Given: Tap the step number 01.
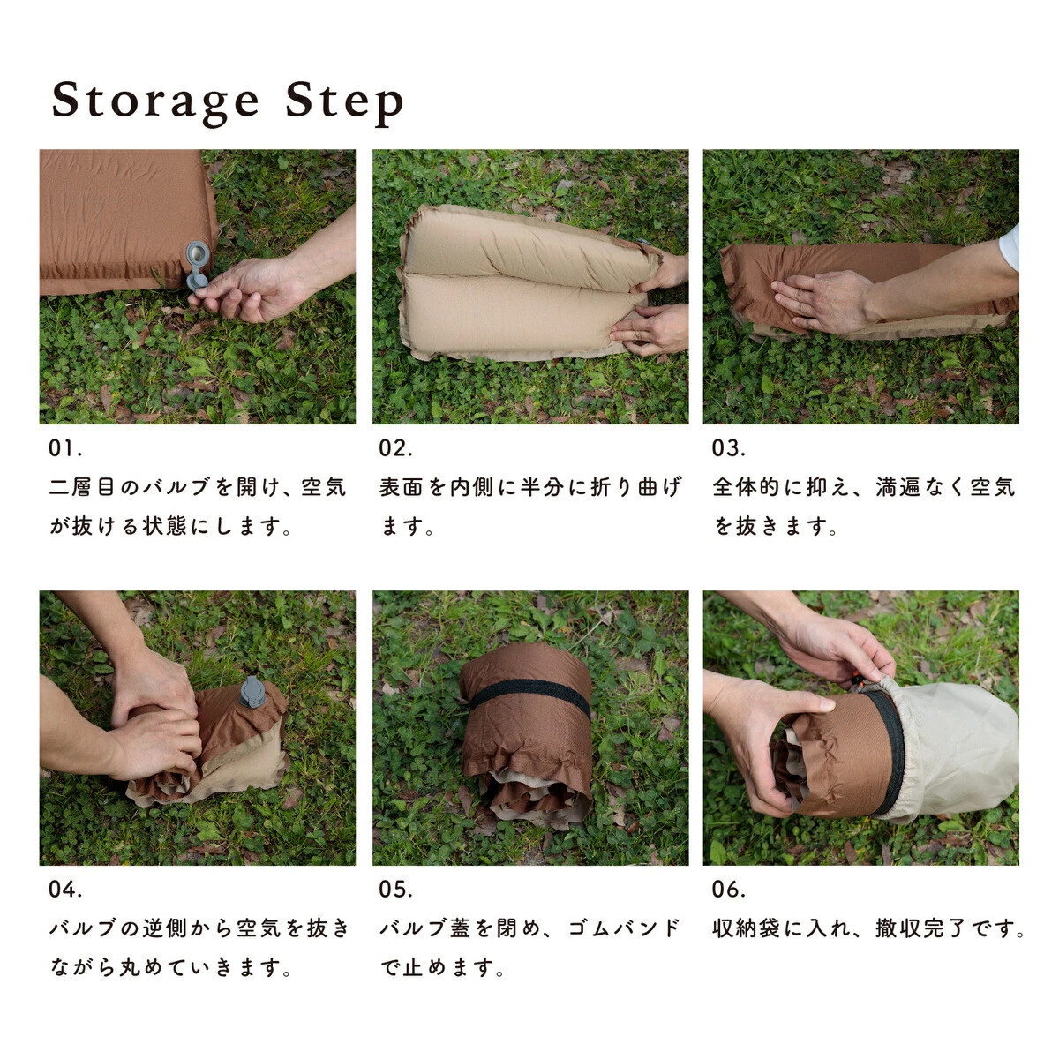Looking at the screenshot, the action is point(65,448).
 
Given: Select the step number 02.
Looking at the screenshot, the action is point(395,448).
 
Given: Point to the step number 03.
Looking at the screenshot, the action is point(729,448).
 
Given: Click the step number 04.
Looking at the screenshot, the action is point(65,890).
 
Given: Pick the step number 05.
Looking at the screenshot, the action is point(395,890).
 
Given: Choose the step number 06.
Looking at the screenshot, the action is point(729,890).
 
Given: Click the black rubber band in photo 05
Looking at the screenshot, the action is point(529,695).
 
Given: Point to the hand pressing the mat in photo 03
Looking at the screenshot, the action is point(822,300).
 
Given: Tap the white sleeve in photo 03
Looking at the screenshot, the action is point(1010,247).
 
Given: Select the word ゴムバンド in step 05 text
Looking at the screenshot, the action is point(624,928).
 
